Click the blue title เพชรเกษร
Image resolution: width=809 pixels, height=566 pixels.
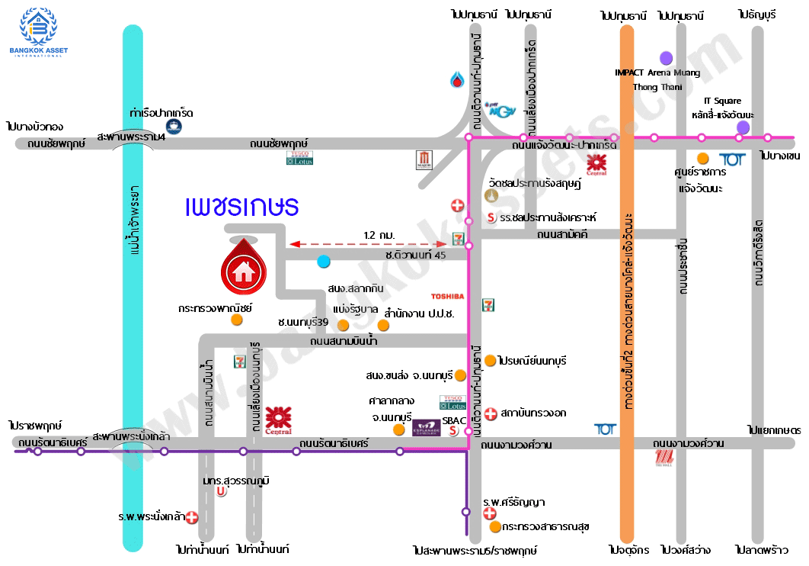pos(242,207)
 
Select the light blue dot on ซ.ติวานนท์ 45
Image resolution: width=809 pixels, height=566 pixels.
pos(324,262)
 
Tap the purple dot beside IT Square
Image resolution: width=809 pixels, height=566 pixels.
pos(743,127)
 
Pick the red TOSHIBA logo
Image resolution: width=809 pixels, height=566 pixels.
pos(447,296)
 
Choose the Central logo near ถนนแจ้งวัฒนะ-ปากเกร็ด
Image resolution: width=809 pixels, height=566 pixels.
pos(596,164)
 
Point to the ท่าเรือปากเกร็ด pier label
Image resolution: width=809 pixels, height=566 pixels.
pos(161,113)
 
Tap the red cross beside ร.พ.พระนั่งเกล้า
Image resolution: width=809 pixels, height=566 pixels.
pos(192,516)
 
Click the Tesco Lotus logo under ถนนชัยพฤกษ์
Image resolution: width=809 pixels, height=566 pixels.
pos(299,158)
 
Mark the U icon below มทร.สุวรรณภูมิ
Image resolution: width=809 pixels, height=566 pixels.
pos(222,492)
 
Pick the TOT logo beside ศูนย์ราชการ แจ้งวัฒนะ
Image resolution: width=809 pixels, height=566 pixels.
pos(732,159)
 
